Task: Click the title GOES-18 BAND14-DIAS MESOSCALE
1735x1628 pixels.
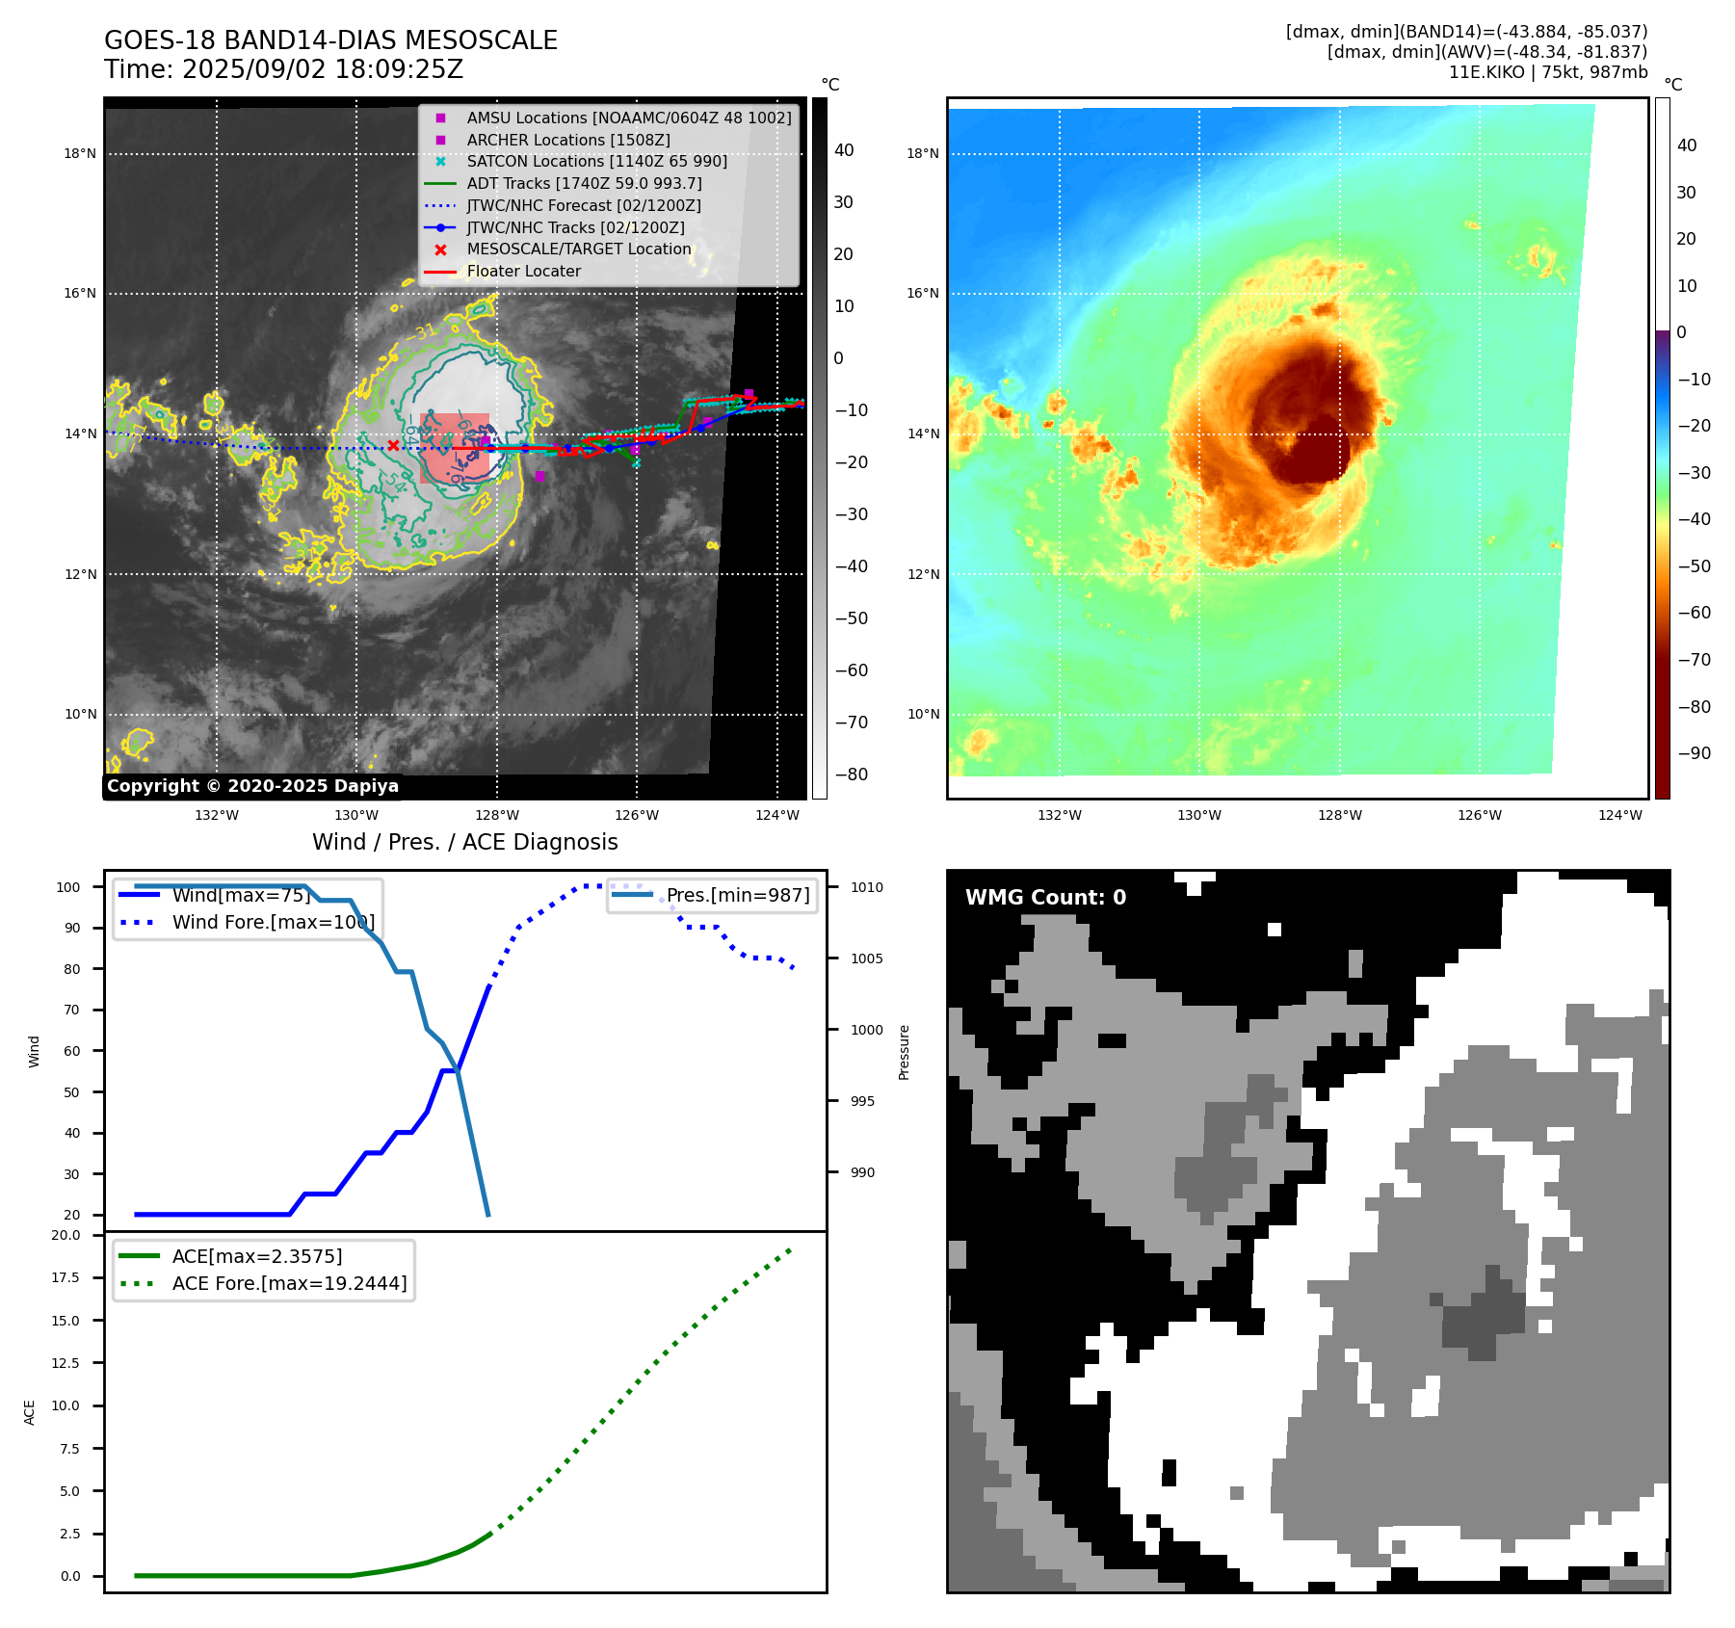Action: [330, 40]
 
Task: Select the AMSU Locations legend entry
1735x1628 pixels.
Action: [628, 118]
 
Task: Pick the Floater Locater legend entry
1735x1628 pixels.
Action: [523, 272]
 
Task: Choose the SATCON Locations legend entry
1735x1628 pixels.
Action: [596, 162]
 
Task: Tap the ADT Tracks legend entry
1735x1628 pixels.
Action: [584, 183]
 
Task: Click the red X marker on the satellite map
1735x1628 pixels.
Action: [393, 445]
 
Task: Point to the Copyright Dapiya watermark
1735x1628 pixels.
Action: [252, 786]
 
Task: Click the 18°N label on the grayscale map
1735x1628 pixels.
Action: [80, 153]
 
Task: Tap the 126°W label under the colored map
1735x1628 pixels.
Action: [1479, 815]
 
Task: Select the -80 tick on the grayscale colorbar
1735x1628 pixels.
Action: [852, 775]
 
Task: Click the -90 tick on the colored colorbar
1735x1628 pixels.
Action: [1694, 753]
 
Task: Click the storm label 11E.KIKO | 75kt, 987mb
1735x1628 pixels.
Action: [1547, 72]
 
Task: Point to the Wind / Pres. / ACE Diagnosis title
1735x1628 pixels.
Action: [464, 842]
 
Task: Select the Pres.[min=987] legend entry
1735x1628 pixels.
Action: [738, 895]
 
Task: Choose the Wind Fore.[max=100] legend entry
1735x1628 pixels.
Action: [274, 922]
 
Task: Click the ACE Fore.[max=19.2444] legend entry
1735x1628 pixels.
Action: [289, 1283]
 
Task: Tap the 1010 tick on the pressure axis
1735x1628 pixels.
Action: [866, 887]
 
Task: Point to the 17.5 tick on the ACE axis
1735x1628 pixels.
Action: [66, 1277]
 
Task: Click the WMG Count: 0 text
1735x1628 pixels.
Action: [1045, 898]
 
